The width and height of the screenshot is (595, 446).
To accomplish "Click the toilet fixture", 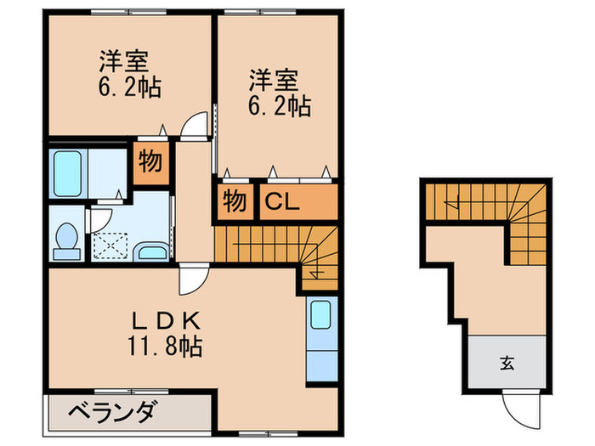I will pyautogui.click(x=65, y=240).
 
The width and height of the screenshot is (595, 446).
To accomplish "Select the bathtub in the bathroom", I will pyautogui.click(x=65, y=173).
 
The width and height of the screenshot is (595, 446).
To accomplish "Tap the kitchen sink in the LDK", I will pyautogui.click(x=320, y=315).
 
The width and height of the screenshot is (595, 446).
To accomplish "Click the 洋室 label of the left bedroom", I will pyautogui.click(x=124, y=62).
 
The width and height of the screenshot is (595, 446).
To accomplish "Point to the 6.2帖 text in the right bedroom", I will pyautogui.click(x=279, y=106).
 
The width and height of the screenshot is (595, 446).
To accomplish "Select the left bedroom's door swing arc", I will pyautogui.click(x=195, y=126).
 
